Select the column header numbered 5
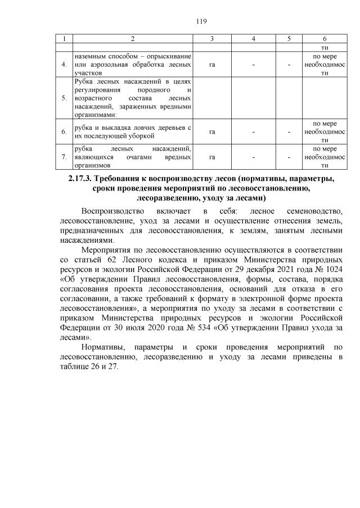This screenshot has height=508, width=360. [289, 39]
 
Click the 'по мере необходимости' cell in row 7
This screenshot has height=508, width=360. [325, 157]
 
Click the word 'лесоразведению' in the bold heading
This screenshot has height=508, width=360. [169, 198]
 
